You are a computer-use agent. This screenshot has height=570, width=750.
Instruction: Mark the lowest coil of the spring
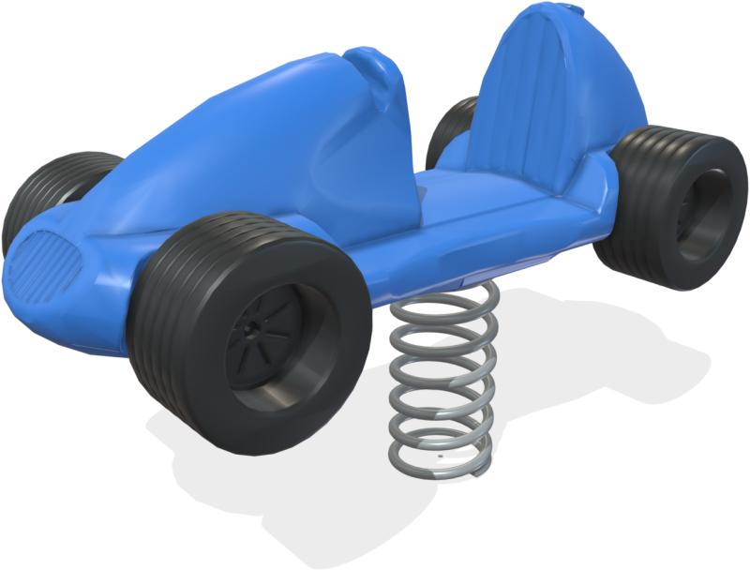[441, 459]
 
